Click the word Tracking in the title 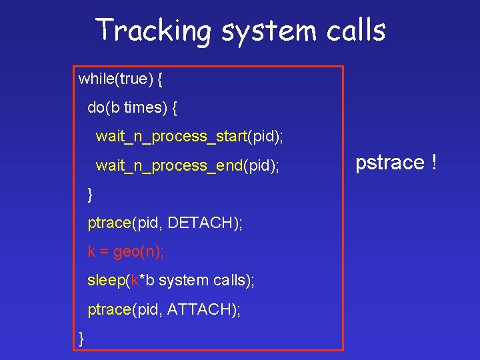[x=153, y=31]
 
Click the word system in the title [x=265, y=31]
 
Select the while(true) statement [x=121, y=79]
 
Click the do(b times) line [x=132, y=108]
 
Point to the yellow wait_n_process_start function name [x=171, y=137]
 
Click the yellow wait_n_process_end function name [x=169, y=165]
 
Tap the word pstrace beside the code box [x=389, y=162]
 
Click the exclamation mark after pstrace [x=433, y=162]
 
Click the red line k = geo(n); [x=126, y=251]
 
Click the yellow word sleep [x=106, y=281]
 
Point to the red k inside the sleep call [x=134, y=281]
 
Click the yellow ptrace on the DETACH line [x=109, y=223]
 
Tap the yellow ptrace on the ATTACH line [x=109, y=309]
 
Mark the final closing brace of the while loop [x=81, y=338]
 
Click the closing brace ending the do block [x=91, y=194]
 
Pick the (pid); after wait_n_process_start [x=265, y=137]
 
